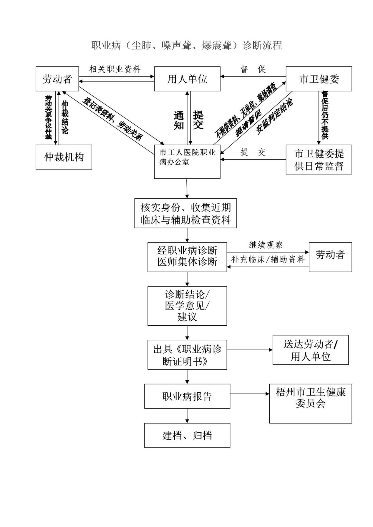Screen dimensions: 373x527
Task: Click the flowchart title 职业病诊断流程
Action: [187, 45]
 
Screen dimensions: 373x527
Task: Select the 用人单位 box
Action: [187, 79]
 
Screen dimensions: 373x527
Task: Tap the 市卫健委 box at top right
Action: [319, 79]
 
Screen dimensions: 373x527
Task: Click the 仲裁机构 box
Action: [64, 157]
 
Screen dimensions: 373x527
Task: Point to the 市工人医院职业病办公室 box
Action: [187, 161]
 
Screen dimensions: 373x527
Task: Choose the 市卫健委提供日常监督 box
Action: [319, 159]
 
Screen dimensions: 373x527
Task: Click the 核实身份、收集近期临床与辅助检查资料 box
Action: [186, 213]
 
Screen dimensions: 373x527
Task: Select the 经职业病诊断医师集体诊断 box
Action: [187, 257]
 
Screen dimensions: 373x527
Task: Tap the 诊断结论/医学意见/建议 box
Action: [187, 306]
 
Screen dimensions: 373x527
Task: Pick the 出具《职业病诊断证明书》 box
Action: [187, 355]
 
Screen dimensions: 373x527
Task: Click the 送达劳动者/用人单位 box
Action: [311, 350]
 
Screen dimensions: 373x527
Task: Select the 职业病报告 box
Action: [187, 396]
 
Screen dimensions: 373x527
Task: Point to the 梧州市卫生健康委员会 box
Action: [311, 403]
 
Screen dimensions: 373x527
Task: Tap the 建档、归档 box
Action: [187, 435]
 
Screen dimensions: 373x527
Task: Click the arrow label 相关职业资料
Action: [115, 69]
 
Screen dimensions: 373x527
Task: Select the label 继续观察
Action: [266, 245]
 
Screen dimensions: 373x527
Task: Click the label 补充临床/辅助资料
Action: [268, 259]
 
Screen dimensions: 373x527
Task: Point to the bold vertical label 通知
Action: [179, 120]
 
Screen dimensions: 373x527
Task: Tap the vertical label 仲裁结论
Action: [65, 118]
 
